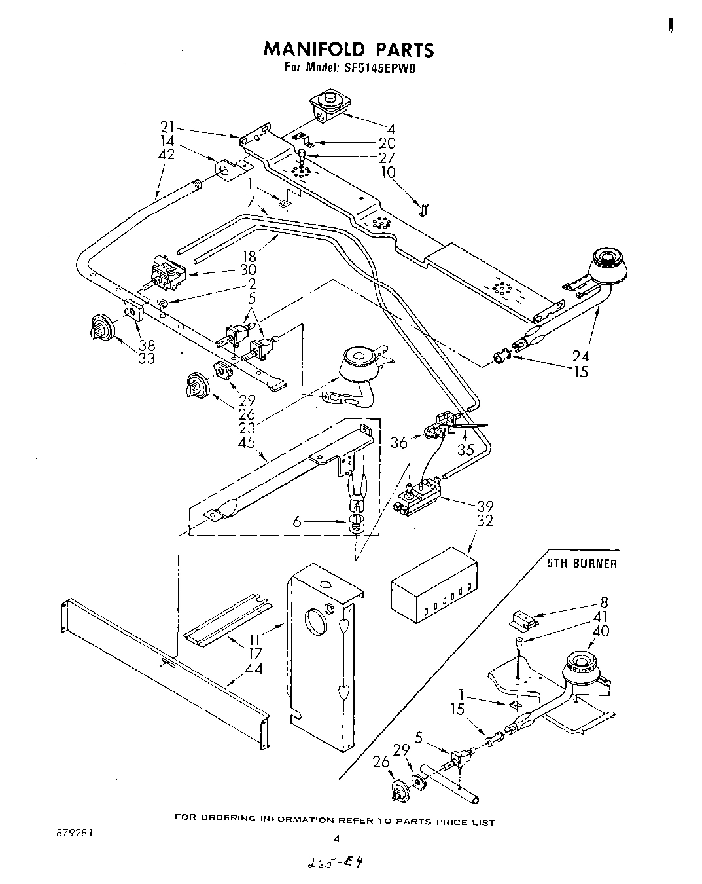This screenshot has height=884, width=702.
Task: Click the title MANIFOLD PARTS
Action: (348, 50)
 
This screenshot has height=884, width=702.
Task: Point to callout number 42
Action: (169, 155)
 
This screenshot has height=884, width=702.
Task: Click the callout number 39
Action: (485, 506)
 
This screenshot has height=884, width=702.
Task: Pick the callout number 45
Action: (247, 443)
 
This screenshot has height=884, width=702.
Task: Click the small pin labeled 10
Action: (423, 210)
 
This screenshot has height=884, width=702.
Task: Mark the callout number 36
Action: (399, 443)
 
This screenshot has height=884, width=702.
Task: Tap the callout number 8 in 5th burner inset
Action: (603, 602)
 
